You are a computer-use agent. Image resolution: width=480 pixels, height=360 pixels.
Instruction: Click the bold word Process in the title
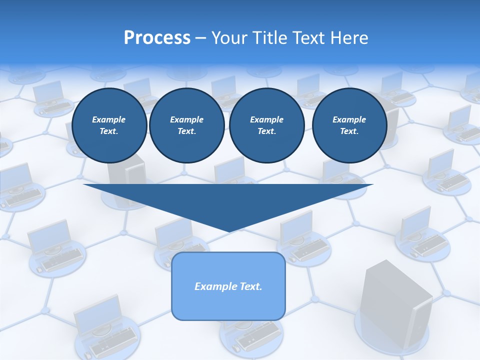tap(157, 38)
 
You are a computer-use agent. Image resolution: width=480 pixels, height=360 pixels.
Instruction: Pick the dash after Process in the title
tap(201, 38)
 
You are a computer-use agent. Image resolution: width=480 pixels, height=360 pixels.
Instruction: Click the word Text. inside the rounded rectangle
tap(250, 286)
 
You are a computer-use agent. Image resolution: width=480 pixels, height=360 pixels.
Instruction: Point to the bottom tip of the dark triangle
tap(229, 231)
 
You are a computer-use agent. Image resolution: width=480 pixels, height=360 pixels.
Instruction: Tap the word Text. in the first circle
tap(109, 131)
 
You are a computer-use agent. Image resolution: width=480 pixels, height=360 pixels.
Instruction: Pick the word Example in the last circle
tap(349, 119)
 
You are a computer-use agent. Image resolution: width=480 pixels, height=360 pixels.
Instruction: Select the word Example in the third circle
tap(266, 119)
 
